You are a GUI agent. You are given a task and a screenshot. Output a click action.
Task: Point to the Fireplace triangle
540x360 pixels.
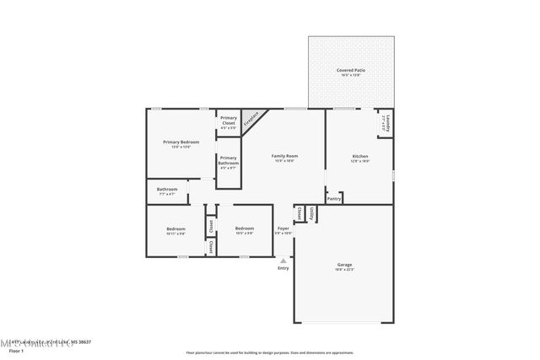[x=251, y=120]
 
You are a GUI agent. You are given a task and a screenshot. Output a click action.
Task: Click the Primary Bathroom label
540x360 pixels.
[x=229, y=163]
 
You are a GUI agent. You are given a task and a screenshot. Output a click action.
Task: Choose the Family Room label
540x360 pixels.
[x=284, y=158]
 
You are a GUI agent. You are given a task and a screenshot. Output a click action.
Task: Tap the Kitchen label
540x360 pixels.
[x=360, y=158]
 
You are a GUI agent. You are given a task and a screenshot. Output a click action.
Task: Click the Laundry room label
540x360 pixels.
[x=385, y=124]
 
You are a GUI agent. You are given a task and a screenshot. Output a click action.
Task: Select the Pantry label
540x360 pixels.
[x=334, y=200]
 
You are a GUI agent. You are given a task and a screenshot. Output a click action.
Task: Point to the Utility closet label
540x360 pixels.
[x=311, y=214]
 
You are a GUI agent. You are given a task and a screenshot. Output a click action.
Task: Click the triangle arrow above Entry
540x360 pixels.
[x=283, y=261]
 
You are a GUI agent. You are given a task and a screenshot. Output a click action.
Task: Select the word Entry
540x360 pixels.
[x=283, y=268]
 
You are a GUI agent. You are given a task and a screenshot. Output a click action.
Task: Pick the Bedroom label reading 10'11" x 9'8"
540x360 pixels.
[x=175, y=231]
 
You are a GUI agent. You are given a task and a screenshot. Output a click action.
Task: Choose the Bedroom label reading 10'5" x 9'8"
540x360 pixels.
[x=245, y=231]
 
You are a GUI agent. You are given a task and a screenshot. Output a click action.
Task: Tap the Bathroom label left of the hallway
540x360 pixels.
[x=167, y=191]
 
